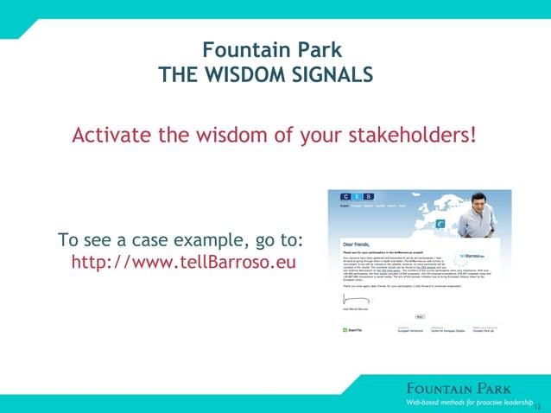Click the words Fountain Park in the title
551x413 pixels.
click(271, 49)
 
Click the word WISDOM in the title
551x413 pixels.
click(247, 75)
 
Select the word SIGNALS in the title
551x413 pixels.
click(332, 75)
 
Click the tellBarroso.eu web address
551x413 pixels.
click(183, 261)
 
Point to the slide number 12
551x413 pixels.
click(538, 405)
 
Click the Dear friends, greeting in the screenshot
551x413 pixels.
click(351, 245)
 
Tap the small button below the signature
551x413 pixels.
click(420, 316)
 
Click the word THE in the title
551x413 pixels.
click(178, 75)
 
